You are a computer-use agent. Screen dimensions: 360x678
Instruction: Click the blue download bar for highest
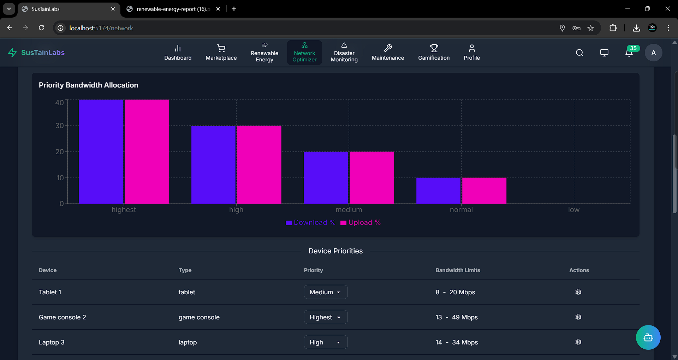[x=101, y=152]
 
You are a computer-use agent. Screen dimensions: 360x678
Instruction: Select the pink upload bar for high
[x=259, y=164]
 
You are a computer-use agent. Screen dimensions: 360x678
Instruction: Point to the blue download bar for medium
[x=326, y=178]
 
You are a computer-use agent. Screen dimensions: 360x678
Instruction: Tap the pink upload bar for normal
[x=484, y=191]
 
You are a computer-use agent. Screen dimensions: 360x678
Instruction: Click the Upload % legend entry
[x=361, y=223]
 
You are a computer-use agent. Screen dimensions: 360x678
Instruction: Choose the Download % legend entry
[x=310, y=223]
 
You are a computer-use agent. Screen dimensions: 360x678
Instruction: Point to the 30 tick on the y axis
[x=59, y=126]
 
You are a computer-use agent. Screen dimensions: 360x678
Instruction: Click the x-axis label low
[x=573, y=210]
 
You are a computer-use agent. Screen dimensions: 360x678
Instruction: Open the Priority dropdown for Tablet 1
[x=326, y=292]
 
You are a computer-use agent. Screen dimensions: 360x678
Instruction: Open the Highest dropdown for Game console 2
[x=326, y=317]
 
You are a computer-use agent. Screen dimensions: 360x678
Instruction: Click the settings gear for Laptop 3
[x=578, y=342]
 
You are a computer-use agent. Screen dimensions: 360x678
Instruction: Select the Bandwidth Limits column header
[x=458, y=270]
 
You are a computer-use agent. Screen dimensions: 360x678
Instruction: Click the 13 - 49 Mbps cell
[x=456, y=317]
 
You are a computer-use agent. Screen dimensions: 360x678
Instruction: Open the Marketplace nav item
[x=221, y=53]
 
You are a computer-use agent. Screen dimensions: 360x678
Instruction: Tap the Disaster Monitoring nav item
[x=344, y=53]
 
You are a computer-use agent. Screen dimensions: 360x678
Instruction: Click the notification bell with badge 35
[x=629, y=53]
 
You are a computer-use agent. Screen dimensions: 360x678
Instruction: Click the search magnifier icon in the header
[x=579, y=53]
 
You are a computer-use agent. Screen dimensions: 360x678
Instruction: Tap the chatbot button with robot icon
[x=648, y=337]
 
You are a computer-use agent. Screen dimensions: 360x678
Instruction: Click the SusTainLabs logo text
[x=43, y=53]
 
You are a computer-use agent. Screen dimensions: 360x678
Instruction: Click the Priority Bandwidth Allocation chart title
[x=88, y=85]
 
